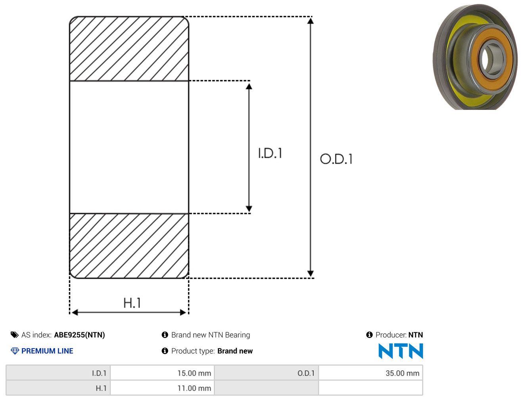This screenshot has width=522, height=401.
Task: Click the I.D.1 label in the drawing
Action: click(270, 153)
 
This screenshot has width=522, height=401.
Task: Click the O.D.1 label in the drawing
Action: click(336, 159)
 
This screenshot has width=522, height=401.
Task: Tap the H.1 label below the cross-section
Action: click(132, 303)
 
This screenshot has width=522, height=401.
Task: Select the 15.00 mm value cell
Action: click(162, 373)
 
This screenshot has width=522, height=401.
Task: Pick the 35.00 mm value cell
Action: click(370, 373)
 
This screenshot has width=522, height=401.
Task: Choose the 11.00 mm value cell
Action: click(162, 388)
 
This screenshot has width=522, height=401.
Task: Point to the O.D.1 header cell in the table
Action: click(267, 373)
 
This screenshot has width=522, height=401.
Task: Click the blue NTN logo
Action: click(401, 351)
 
